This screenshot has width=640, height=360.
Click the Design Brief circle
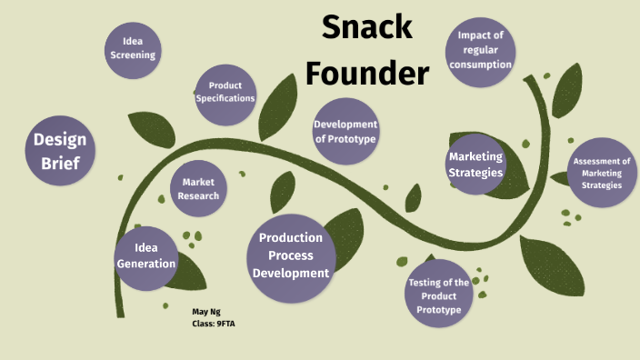(x=60, y=151)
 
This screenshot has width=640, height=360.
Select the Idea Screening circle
(x=133, y=47)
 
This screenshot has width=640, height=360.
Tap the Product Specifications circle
(x=225, y=92)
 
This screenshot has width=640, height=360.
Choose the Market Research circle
(x=198, y=189)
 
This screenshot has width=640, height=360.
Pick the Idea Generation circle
(x=146, y=256)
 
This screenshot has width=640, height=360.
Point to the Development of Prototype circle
(x=345, y=131)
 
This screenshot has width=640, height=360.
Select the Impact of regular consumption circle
(x=479, y=50)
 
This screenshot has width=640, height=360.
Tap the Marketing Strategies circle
(x=475, y=165)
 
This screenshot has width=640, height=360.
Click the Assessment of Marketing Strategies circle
(x=602, y=172)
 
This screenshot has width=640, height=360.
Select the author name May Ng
(x=206, y=311)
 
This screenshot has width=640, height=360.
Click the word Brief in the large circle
(x=60, y=164)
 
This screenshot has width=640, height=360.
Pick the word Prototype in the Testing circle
(x=439, y=310)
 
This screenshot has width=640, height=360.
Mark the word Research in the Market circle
(x=198, y=195)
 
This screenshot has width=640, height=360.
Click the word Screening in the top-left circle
(x=133, y=55)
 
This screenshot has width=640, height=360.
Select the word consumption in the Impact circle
(x=479, y=65)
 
